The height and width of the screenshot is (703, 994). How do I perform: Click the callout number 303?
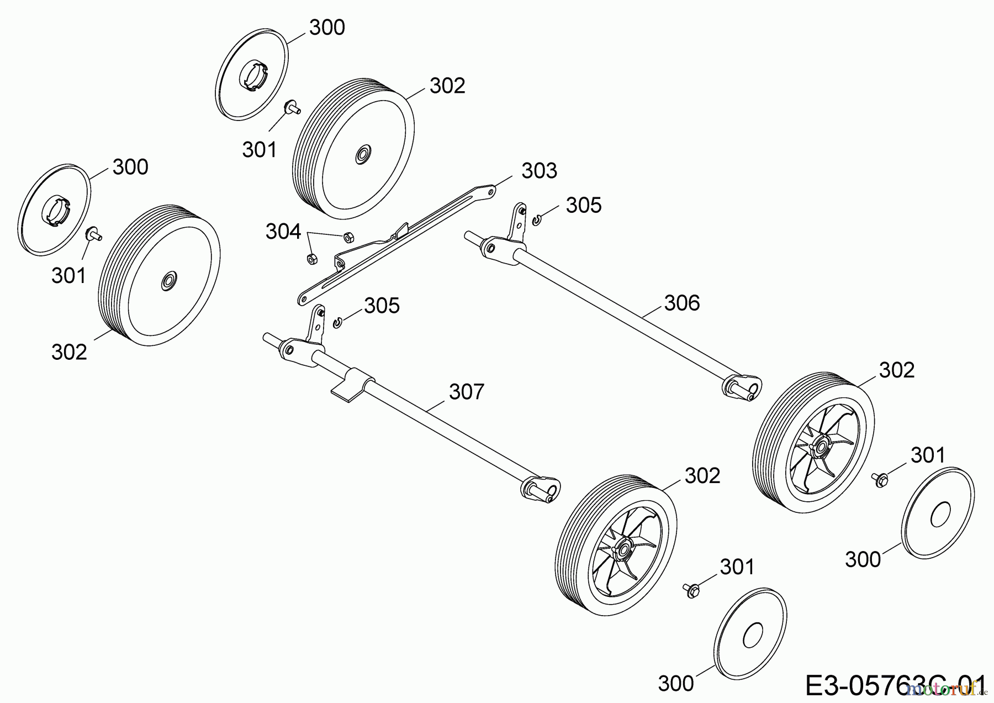539,171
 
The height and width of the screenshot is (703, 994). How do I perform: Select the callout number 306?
681,303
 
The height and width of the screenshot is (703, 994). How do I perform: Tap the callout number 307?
466,392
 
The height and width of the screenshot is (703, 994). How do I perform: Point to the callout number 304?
283,232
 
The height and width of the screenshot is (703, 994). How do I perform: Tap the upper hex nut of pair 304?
348,237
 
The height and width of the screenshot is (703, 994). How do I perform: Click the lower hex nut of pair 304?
311,258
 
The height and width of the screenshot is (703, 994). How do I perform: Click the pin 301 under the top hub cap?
291,107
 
